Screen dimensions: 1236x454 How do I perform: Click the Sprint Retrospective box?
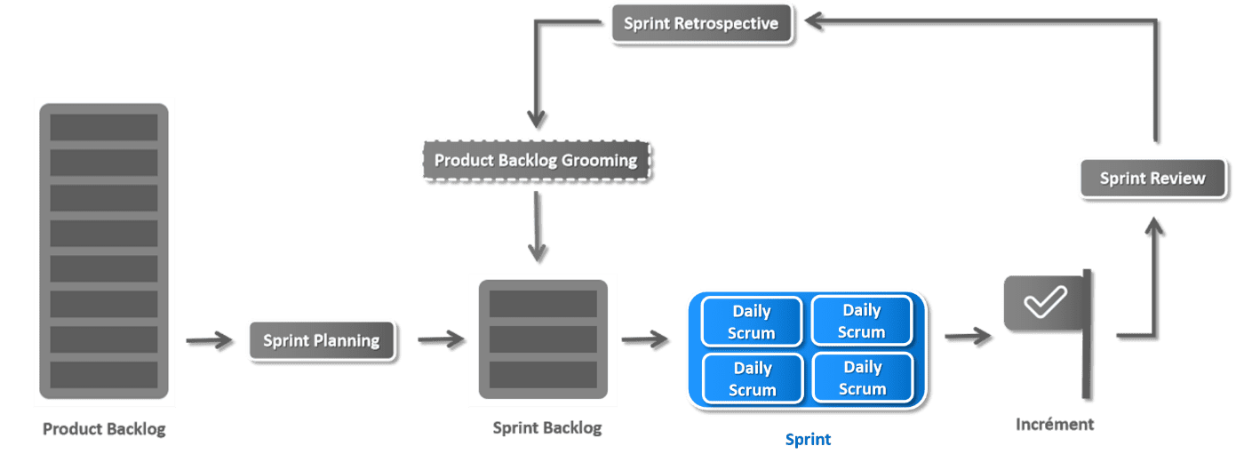point(702,23)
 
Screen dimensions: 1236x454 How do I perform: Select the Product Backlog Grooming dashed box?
point(537,161)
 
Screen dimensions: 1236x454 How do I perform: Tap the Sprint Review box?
point(1153,179)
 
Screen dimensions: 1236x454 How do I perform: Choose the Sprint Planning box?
point(322,340)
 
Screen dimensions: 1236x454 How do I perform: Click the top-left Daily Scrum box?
point(752,322)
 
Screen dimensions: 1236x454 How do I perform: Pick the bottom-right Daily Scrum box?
point(863,378)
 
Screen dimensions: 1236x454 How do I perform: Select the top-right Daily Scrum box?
point(862,321)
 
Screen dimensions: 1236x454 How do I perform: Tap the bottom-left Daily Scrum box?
point(753,379)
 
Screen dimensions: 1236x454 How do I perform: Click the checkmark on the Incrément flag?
point(1045,302)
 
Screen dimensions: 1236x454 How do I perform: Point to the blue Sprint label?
point(808,439)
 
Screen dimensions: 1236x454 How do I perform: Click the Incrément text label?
point(1055,424)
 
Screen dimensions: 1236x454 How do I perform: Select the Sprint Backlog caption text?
point(546,427)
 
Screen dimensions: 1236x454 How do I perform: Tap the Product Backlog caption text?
point(104,428)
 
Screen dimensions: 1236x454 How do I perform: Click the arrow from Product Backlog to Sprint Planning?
point(210,340)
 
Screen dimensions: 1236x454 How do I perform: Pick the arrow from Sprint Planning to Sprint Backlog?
point(442,339)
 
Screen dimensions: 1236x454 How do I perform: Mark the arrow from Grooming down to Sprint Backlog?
point(537,227)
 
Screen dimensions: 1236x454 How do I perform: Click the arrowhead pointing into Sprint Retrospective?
point(815,21)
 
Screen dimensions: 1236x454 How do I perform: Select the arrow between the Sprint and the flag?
point(969,336)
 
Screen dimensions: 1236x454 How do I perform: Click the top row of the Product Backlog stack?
point(104,127)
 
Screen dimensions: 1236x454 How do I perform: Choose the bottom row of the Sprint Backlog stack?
point(543,375)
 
